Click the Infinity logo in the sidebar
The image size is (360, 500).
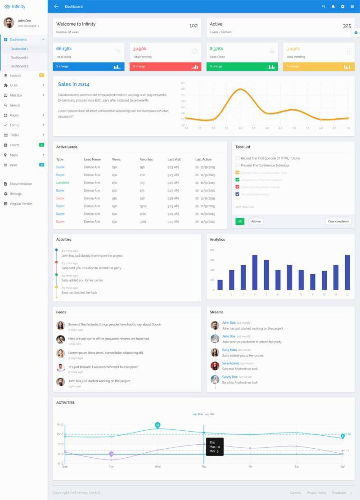[x=15, y=6]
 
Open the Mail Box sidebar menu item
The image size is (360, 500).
[x=16, y=95]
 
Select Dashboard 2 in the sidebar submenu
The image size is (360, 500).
[x=19, y=58]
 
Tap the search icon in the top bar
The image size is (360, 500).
[x=324, y=7]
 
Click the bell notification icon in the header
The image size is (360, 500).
[x=333, y=7]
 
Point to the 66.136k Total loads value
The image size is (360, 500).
[x=64, y=49]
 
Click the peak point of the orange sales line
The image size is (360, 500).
[x=240, y=89]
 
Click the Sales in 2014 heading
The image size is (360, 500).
[x=73, y=84]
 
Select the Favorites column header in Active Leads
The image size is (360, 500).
[x=146, y=159]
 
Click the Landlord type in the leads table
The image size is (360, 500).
[x=63, y=183]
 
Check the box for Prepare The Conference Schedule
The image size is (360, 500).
[x=238, y=165]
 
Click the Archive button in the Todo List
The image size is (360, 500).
[x=256, y=222]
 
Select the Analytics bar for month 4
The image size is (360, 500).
[x=255, y=272]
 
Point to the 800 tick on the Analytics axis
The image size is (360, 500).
[x=212, y=250]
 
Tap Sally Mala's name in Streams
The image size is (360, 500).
[x=229, y=350]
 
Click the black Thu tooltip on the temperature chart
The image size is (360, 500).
[x=215, y=447]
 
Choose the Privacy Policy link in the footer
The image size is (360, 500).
[x=316, y=493]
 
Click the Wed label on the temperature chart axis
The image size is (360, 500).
[x=157, y=467]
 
